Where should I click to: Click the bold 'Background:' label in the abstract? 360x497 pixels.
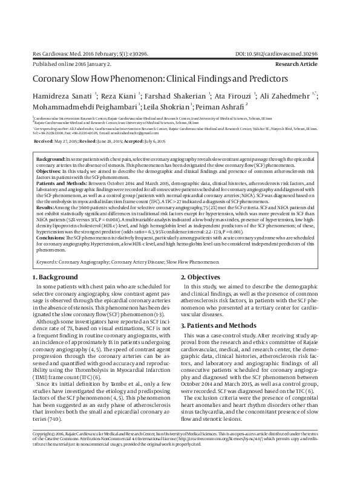(51, 157)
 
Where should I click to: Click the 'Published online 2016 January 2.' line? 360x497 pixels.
(71, 63)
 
